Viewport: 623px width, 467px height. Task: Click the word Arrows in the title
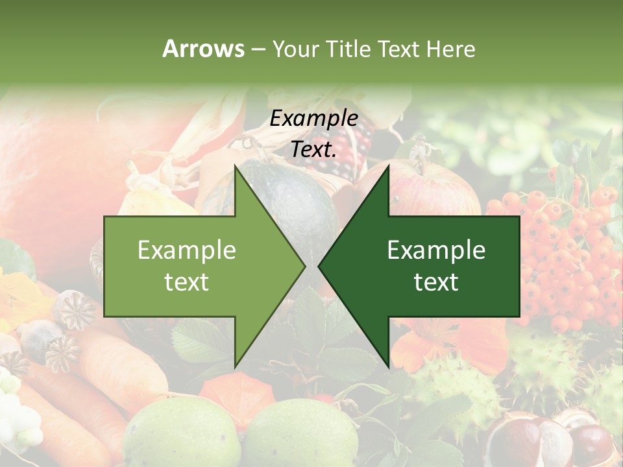pos(203,49)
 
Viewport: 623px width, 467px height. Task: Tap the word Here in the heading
pos(450,49)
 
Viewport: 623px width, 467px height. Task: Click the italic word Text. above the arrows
pos(313,149)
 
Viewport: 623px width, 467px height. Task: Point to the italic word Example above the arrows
pos(313,119)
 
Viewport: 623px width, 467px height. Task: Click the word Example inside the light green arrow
pos(187,250)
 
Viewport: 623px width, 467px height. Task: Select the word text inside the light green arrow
pos(187,282)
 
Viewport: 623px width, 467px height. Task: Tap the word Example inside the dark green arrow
pos(436,250)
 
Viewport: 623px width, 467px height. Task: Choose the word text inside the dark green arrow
pos(436,282)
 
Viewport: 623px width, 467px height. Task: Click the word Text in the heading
pos(400,49)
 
